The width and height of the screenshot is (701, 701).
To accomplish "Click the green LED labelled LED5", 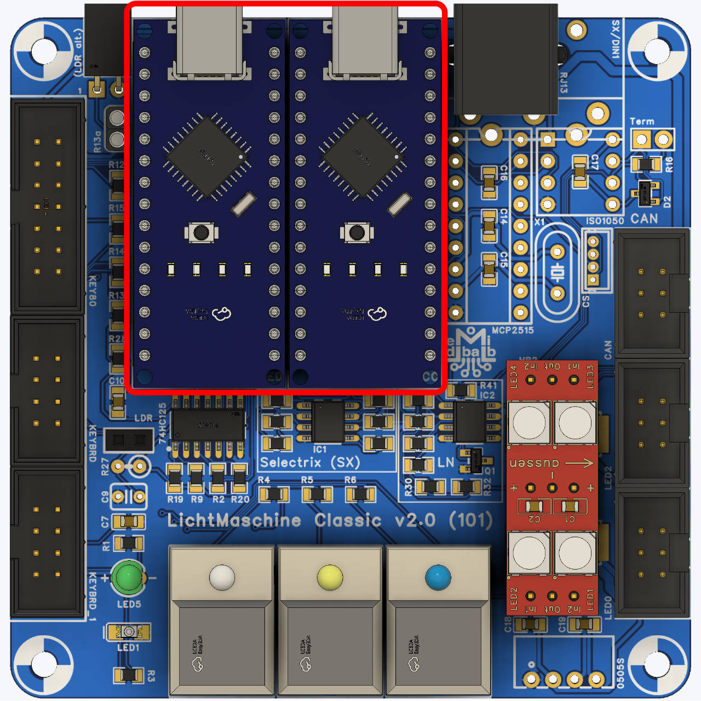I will point(129,577).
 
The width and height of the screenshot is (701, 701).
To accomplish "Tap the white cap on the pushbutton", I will point(222,577).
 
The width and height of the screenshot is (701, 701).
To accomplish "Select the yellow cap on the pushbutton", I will point(330,577).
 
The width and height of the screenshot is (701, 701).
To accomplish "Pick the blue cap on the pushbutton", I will point(438,577).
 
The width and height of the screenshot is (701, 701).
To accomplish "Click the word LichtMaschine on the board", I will point(234,520).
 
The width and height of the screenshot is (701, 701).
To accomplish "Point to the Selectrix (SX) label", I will point(309,463).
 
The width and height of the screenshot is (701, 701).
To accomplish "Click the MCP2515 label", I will point(512,330).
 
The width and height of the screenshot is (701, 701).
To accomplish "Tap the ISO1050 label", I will point(605,221).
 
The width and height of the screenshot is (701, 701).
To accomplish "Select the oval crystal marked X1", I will point(557,272).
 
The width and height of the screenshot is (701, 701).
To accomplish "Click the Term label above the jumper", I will point(642,122).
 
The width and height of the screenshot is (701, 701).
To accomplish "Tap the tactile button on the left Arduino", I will point(201,233).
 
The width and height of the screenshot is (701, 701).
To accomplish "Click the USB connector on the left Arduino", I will point(209,41).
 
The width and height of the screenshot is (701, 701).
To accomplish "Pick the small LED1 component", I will point(128,632).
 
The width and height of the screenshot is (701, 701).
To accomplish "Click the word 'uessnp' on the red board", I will point(534,463).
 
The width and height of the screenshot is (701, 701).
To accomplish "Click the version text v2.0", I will point(415,520).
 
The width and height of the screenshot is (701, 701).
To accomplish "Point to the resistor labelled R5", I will point(318,495).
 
